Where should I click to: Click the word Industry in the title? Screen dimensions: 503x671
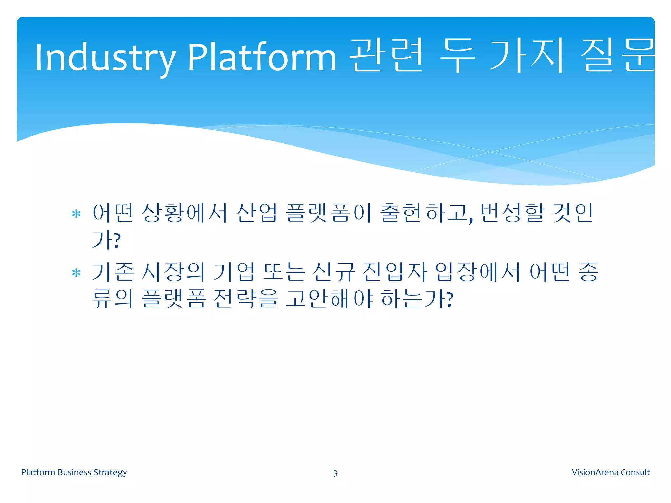(105, 58)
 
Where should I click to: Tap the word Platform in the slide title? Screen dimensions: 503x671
(261, 58)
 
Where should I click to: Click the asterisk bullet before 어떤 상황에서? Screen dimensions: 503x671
(76, 214)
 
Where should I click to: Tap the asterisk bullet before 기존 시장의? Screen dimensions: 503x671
(76, 273)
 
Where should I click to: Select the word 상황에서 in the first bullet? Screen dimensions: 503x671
(184, 213)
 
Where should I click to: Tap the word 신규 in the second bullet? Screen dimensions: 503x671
(334, 272)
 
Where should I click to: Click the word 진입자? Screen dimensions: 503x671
(395, 272)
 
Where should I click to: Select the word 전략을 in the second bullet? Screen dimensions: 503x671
(245, 299)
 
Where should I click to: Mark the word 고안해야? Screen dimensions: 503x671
(329, 299)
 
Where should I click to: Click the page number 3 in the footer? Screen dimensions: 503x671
(335, 473)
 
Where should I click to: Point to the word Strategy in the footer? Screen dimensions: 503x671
(110, 472)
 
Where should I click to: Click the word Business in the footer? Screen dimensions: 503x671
(74, 472)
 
